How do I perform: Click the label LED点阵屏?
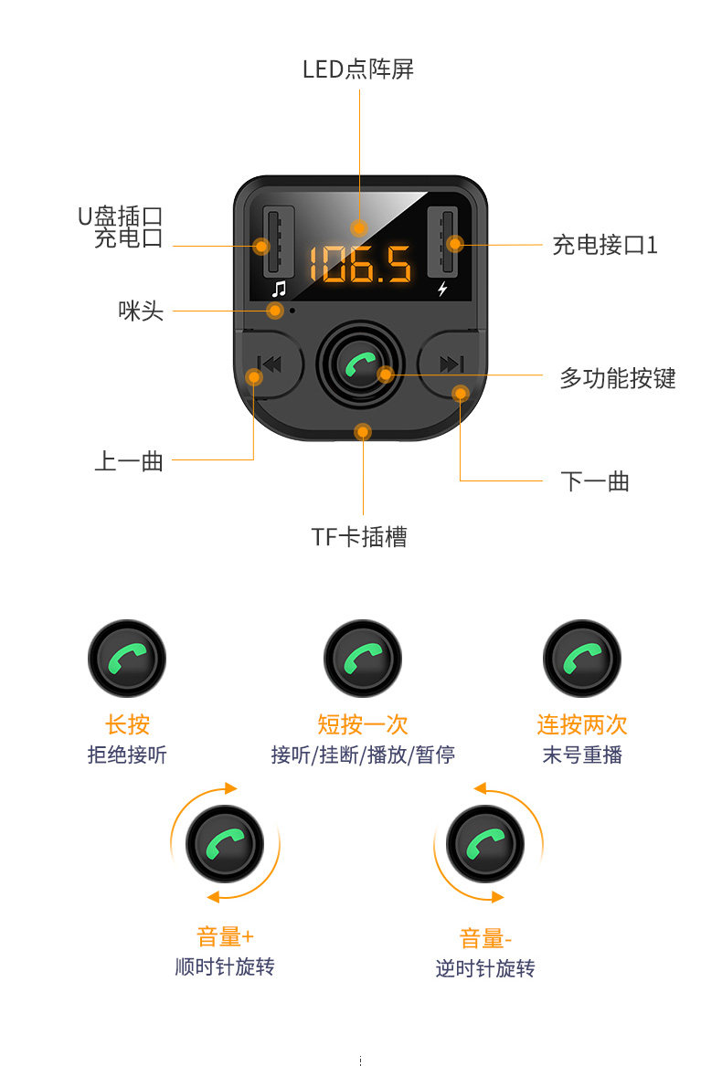coord(358,69)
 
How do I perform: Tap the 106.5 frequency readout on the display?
coord(360,264)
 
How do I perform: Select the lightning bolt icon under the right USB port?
coord(443,290)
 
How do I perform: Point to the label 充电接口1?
coord(604,245)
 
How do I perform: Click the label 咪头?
coord(141,311)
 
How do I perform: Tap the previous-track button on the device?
coord(269,364)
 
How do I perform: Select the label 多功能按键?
coord(617,377)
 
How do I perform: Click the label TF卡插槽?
coord(359,537)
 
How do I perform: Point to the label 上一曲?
coord(129,461)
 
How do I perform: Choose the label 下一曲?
coord(595,481)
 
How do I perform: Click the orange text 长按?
coord(127,725)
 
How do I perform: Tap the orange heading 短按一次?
coord(363,725)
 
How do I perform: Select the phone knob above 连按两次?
coord(582,659)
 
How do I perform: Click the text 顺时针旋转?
coord(225,966)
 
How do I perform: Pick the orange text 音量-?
coord(485,939)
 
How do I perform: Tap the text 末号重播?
coord(582,755)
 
